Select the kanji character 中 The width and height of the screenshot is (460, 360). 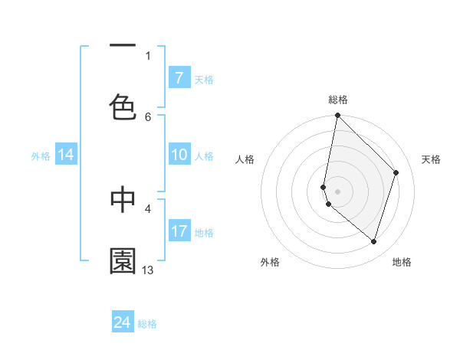point(123,199)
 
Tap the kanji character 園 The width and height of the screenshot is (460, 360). point(123,261)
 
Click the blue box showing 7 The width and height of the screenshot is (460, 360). point(179,78)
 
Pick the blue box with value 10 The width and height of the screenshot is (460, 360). point(179,155)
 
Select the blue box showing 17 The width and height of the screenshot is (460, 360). point(179,231)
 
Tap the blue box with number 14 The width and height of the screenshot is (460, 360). point(66,155)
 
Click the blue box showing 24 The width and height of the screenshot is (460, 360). point(123,323)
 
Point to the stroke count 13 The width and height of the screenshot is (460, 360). point(148,270)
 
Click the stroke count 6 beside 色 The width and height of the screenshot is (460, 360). point(148,116)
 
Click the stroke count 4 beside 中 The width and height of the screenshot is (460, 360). point(148,208)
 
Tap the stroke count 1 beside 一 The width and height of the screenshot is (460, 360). point(148,55)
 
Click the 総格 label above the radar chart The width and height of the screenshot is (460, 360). point(338,100)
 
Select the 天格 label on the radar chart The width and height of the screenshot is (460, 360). point(431,159)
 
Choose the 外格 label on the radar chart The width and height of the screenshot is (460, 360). point(270,262)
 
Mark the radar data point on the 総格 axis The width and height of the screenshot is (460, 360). point(337,116)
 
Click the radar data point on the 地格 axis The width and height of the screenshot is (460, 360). point(373,241)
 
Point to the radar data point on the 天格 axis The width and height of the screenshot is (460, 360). point(396,172)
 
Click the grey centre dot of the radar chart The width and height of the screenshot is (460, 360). point(337,191)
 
